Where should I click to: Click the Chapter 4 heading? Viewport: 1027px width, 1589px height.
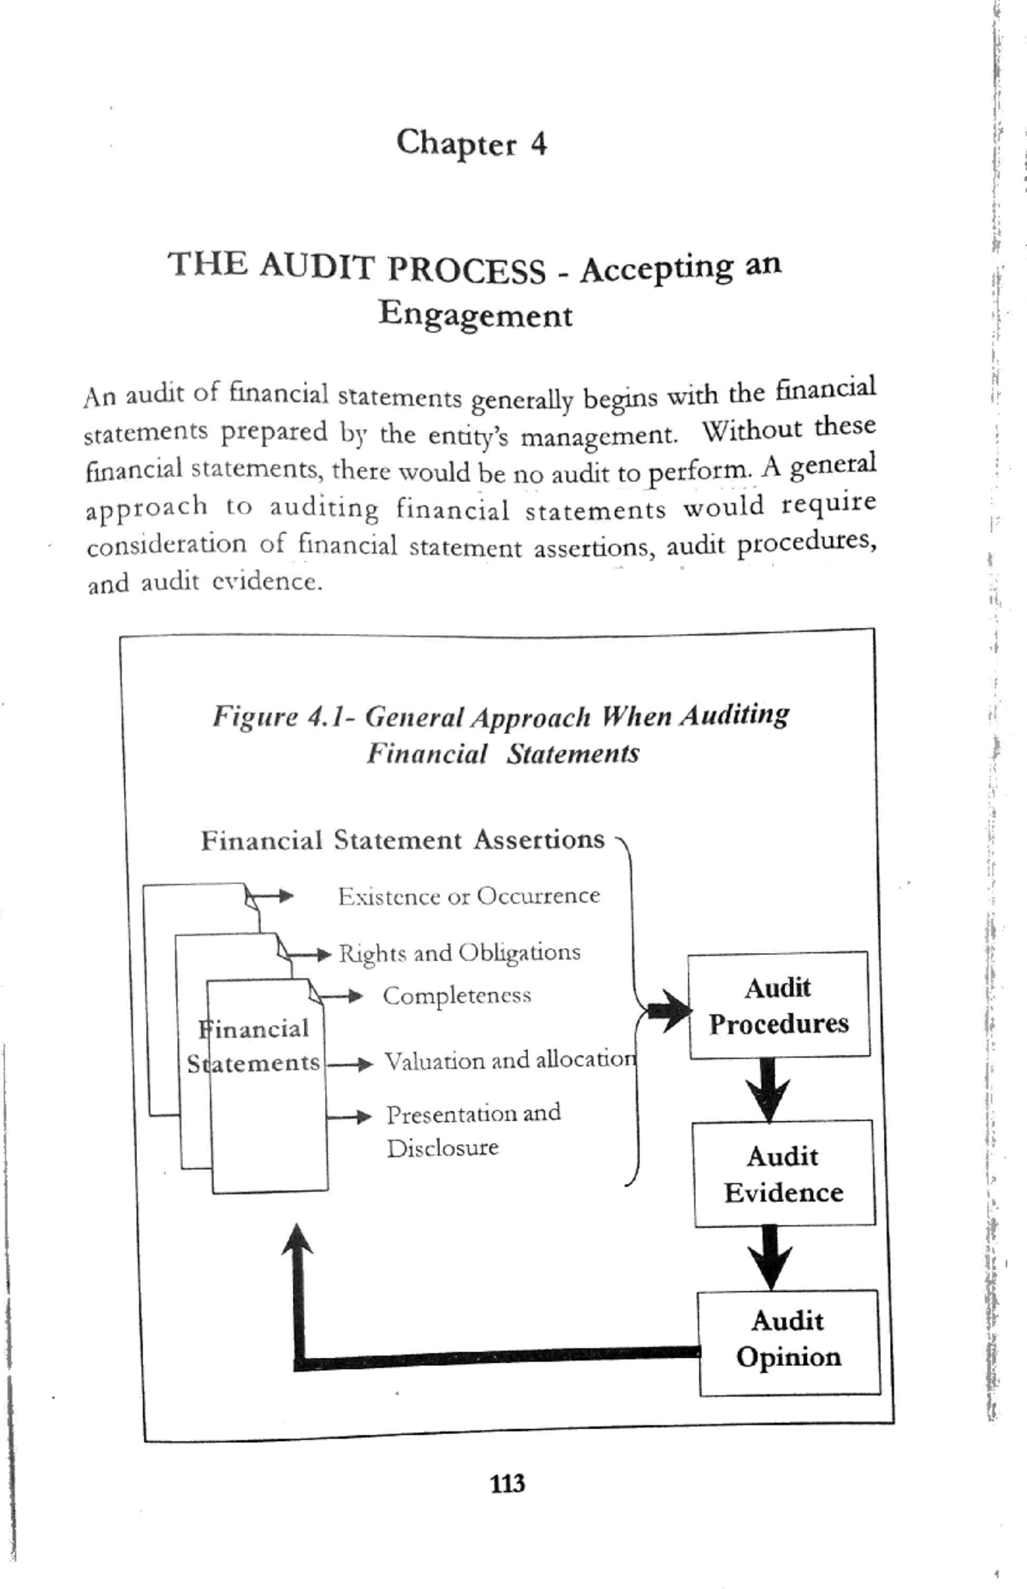471,143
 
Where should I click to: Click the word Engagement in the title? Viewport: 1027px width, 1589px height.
475,314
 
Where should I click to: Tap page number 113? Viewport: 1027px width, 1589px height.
508,1483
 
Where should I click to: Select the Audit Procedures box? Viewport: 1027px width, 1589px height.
779,1005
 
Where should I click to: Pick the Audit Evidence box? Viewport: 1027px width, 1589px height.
783,1173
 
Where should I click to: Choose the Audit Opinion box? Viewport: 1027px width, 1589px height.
788,1340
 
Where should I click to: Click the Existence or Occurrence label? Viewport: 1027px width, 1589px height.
468,896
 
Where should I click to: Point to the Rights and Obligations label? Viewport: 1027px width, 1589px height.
460,952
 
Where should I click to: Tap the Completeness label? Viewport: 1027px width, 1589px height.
456,995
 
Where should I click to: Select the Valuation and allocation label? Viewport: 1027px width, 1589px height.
510,1061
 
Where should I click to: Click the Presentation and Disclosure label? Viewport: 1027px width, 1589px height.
472,1129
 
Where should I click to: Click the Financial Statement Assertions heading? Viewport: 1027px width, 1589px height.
402,840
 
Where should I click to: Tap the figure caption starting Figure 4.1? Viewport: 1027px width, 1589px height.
502,734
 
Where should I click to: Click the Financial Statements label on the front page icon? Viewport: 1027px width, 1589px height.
254,1046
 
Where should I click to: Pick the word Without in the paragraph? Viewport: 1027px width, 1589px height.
752,430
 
